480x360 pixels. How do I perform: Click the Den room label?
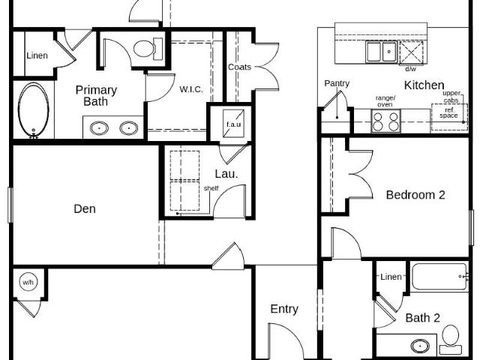[85, 208]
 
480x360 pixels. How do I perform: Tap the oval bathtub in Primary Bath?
[33, 110]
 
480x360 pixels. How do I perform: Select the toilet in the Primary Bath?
[148, 49]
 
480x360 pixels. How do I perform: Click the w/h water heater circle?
[28, 282]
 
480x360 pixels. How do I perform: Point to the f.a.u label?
[233, 124]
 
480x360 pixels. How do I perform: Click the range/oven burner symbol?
[386, 121]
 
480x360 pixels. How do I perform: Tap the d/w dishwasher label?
[410, 69]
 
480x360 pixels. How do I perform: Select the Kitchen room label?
[424, 85]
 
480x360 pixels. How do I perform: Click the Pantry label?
[337, 83]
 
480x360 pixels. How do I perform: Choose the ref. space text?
[448, 112]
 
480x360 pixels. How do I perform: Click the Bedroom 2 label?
[415, 195]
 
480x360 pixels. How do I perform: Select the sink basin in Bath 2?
[420, 346]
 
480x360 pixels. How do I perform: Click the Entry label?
[284, 309]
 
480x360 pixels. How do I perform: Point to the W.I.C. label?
[191, 89]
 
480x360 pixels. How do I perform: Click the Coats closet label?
[239, 67]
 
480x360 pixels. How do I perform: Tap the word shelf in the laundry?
[211, 188]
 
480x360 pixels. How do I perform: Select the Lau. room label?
[226, 174]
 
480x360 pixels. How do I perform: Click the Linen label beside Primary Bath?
[37, 55]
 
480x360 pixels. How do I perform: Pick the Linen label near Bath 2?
[391, 277]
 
